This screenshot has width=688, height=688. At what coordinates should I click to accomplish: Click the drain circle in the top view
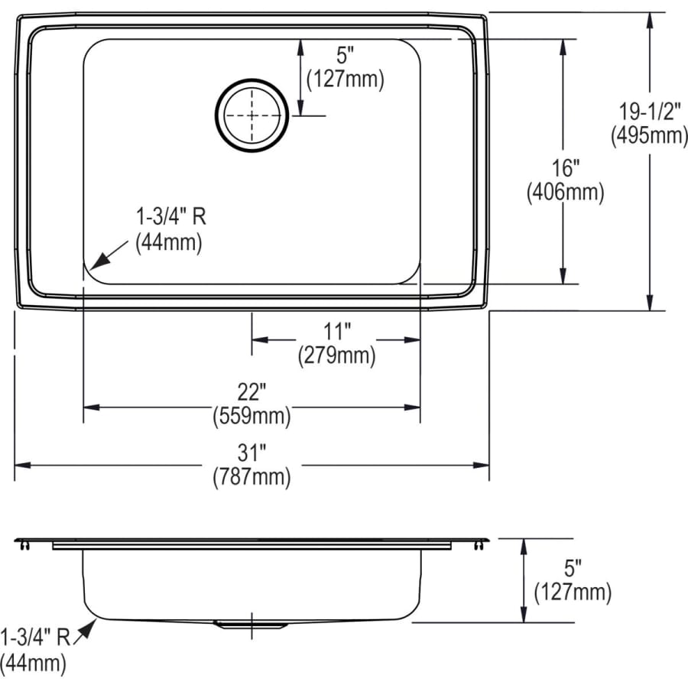click(x=252, y=116)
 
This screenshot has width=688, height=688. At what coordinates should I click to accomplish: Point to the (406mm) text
click(x=565, y=193)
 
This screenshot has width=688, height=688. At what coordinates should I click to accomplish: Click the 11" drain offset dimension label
click(x=336, y=331)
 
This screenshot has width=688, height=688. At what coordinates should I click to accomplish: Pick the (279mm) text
click(x=336, y=355)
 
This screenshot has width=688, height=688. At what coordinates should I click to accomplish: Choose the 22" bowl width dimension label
click(x=252, y=392)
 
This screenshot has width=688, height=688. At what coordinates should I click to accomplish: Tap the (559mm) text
click(x=252, y=417)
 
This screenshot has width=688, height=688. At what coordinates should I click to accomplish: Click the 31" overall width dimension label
click(x=252, y=453)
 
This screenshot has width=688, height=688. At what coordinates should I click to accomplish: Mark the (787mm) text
click(x=252, y=478)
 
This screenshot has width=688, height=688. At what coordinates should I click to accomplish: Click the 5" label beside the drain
click(x=345, y=55)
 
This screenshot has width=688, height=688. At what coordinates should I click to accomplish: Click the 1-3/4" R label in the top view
click(x=170, y=217)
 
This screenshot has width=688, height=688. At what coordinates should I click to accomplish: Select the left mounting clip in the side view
click(x=23, y=544)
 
